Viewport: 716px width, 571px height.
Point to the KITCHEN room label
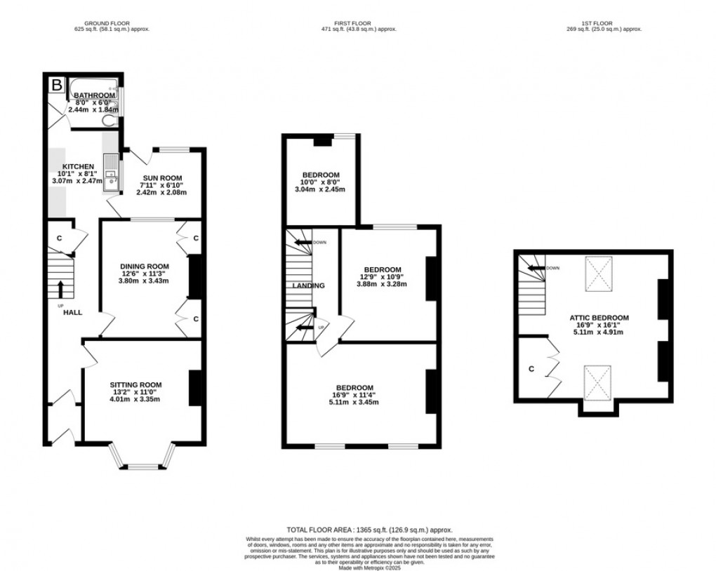[x=77, y=166]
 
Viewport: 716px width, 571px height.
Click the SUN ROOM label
[x=161, y=178]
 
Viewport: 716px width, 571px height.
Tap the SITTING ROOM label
[x=135, y=384]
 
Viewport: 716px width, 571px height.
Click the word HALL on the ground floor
[x=73, y=313]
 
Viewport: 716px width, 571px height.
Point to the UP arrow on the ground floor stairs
[x=61, y=288]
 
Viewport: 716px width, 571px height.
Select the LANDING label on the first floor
[x=308, y=285]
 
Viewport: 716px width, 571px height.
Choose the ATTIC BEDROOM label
[x=599, y=318]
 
